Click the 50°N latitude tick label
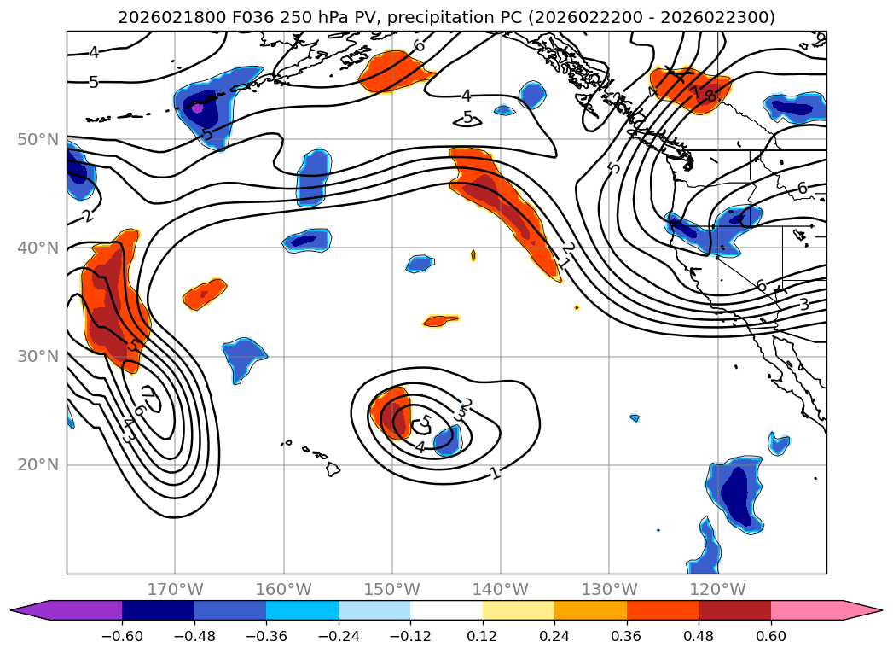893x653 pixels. point(38,139)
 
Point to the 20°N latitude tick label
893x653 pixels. point(38,465)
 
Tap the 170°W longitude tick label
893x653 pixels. point(175,589)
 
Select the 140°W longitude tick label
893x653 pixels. point(501,589)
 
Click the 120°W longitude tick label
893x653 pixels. point(717,589)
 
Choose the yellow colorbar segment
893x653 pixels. point(518,610)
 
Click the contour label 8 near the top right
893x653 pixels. point(710,96)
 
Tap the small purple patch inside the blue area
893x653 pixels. point(198,108)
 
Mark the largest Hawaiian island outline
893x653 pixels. point(333,469)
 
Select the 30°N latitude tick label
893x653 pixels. point(38,357)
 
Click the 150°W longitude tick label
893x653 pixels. point(392,589)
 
